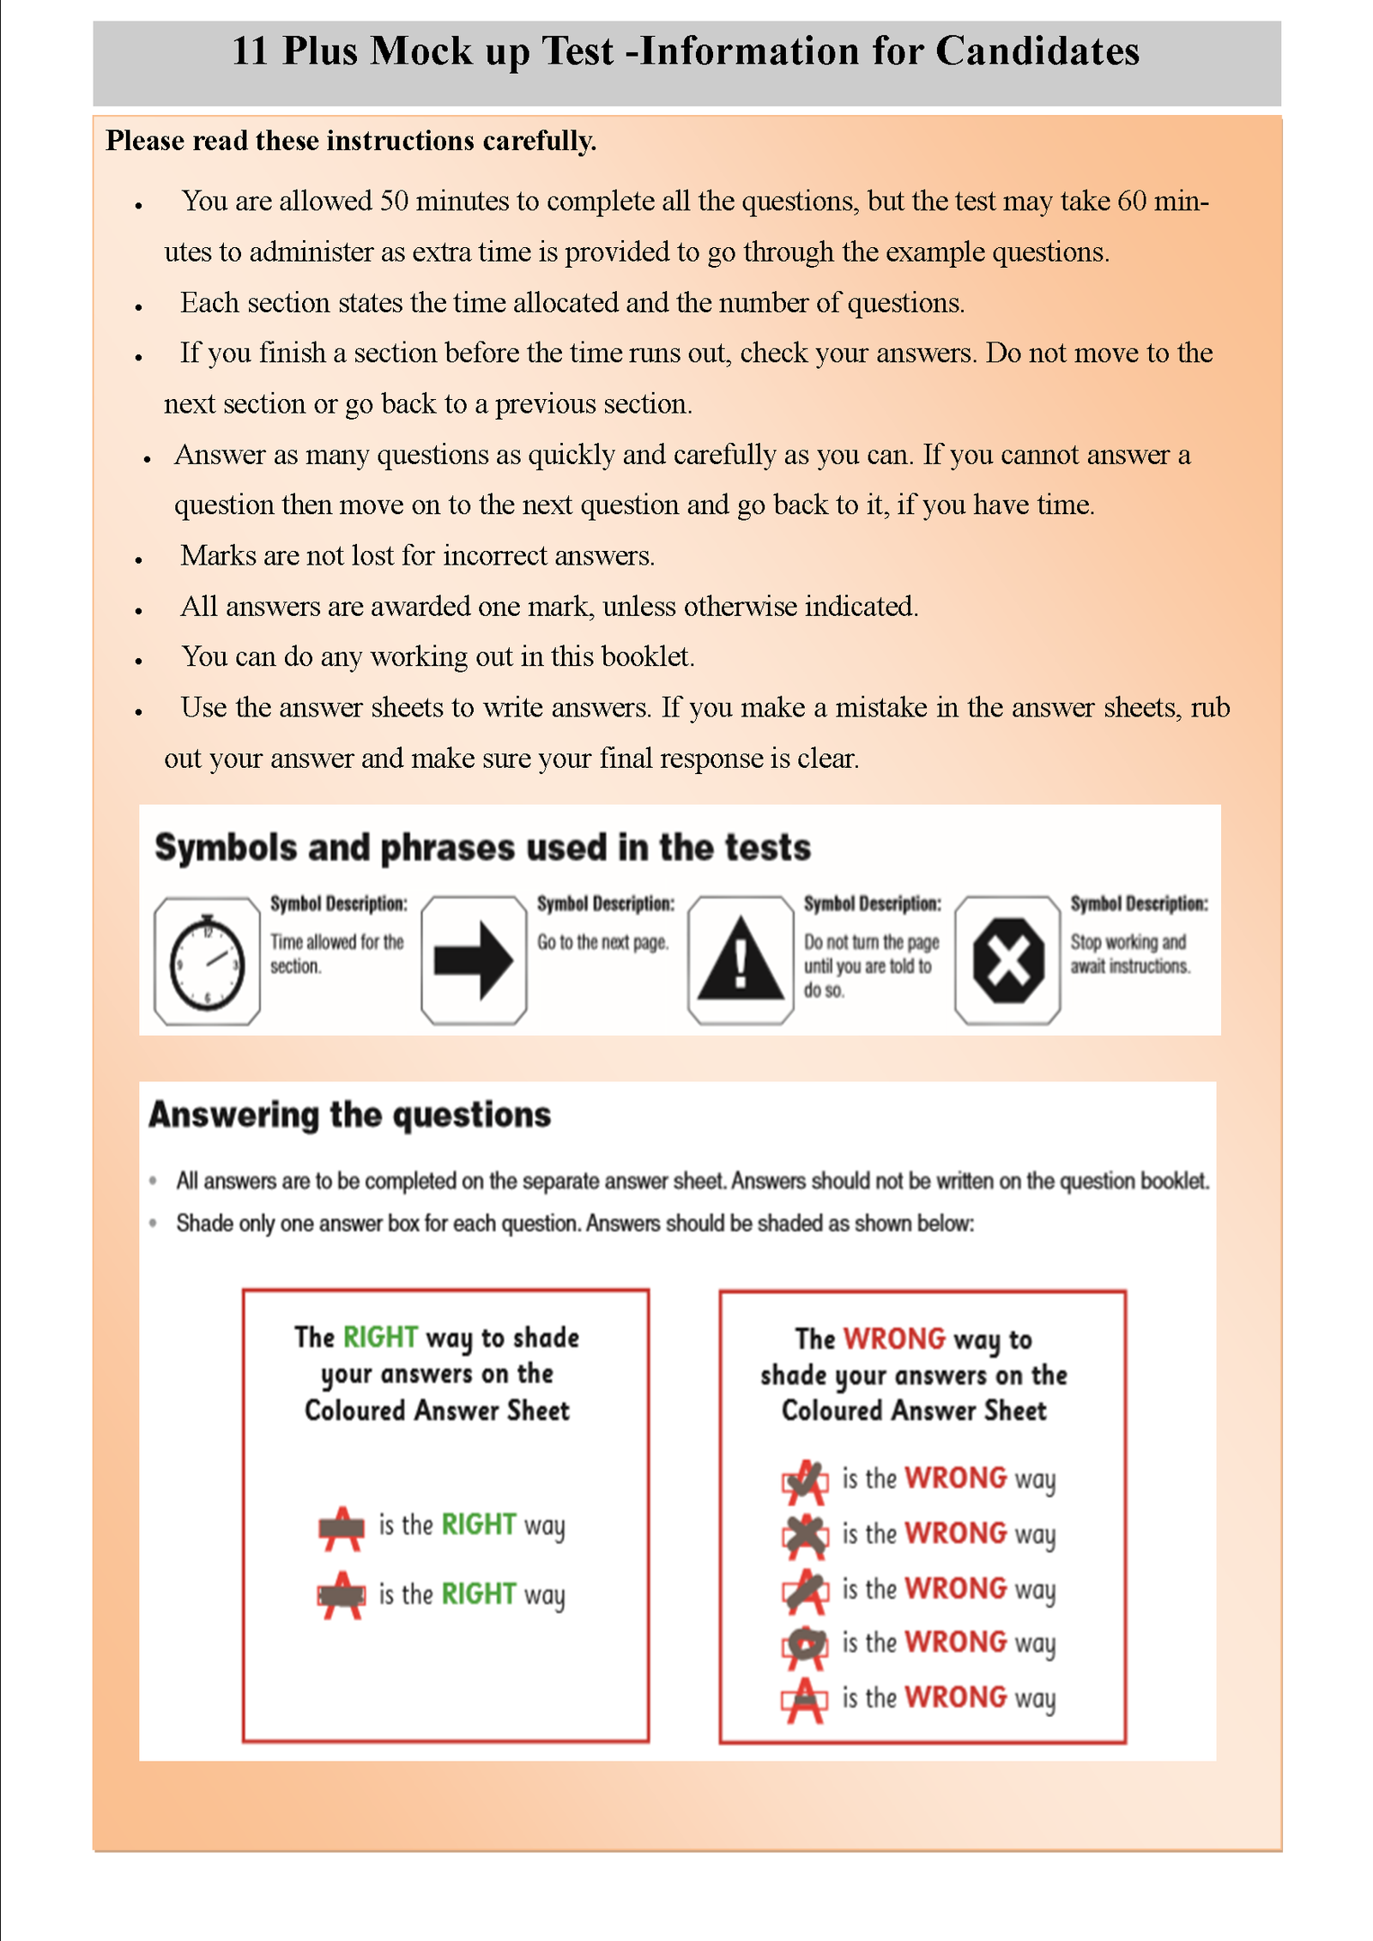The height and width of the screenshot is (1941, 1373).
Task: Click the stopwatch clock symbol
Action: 207,962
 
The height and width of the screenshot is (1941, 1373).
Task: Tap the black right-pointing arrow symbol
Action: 473,961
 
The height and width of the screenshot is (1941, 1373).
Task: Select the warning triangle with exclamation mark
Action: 741,960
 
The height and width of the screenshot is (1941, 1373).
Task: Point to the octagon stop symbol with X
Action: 1008,961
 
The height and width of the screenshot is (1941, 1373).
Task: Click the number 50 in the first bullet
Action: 394,201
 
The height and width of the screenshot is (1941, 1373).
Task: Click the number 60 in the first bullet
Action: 1132,201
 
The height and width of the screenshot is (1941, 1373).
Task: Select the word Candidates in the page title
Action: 1037,51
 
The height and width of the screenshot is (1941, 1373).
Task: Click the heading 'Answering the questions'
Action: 350,1115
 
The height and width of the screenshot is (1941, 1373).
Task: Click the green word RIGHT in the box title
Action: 380,1337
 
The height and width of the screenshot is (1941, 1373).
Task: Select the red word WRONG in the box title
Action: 894,1339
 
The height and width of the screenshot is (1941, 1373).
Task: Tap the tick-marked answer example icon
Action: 805,1481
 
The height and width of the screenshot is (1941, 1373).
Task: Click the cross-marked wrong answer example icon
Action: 805,1536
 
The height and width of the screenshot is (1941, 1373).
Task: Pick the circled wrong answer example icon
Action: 805,1645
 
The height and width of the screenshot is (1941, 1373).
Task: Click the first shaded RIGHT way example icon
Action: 342,1527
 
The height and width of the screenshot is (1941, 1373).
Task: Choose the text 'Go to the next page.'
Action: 602,942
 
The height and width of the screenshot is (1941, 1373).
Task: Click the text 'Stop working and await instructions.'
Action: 1129,954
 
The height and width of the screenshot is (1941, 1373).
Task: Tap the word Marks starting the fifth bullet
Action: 218,556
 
